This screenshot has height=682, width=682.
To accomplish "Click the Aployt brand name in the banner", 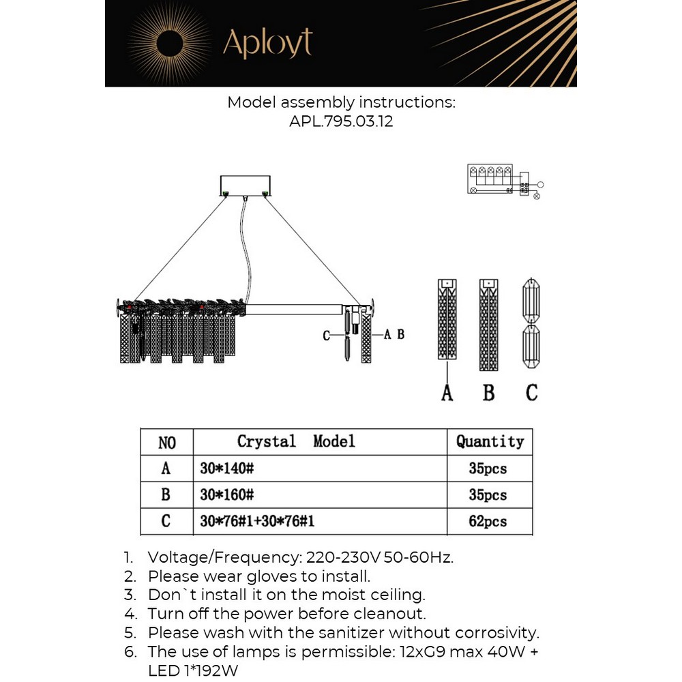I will click(x=267, y=44).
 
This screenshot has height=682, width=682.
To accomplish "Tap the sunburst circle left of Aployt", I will click(x=170, y=44).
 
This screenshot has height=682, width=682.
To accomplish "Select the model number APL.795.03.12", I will click(x=341, y=123).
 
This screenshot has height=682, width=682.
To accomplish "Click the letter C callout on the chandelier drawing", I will click(x=327, y=335).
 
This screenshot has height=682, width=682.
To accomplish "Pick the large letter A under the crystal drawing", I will click(x=447, y=393).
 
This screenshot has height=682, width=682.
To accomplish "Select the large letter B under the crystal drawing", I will click(x=488, y=393).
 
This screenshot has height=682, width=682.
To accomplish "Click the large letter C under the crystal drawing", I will click(x=531, y=393).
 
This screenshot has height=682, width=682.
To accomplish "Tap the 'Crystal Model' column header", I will click(x=296, y=442).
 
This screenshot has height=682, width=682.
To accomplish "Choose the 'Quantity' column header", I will click(x=490, y=442).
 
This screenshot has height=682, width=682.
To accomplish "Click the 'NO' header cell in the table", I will click(x=167, y=443).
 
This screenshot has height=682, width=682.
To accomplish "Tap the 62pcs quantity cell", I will click(x=488, y=522).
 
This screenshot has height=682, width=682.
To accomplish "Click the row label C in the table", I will click(x=166, y=522).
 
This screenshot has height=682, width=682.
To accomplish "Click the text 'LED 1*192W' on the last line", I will click(x=193, y=670).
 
